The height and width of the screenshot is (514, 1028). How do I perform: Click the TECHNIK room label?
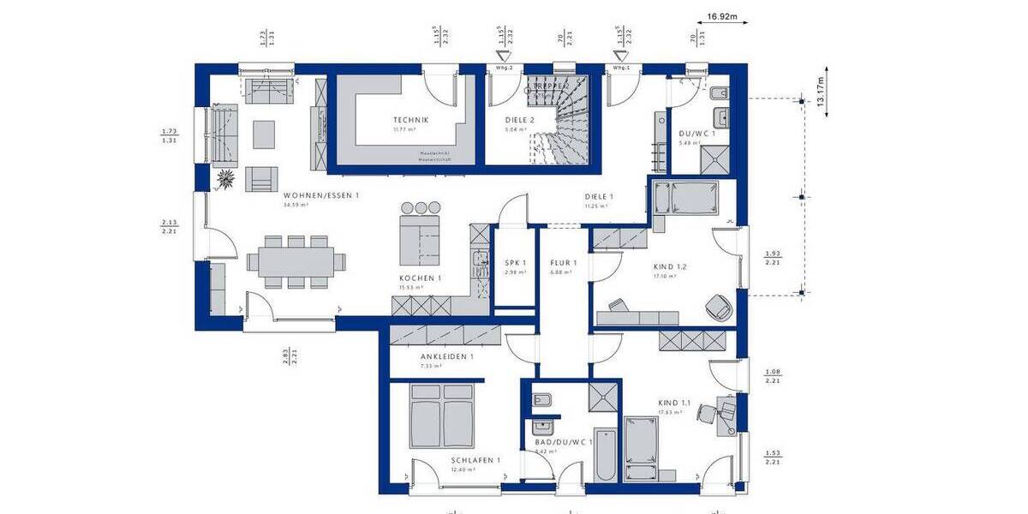(x=410, y=120)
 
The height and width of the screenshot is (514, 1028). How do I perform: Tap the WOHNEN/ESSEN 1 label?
(x=321, y=196)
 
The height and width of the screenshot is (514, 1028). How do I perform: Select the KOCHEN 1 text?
(x=420, y=279)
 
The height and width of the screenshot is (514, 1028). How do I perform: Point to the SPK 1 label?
(x=515, y=263)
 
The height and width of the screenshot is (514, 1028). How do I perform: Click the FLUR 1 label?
(x=563, y=263)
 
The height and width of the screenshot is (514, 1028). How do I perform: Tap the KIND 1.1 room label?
(x=674, y=403)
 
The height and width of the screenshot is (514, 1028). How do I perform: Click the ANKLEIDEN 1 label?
(x=446, y=357)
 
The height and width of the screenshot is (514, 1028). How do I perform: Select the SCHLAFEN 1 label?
(x=475, y=460)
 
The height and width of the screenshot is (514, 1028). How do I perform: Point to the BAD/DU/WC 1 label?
(x=564, y=441)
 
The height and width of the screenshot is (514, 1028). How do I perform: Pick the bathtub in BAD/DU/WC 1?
(x=604, y=454)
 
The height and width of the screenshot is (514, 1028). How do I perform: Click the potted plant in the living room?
(x=227, y=179)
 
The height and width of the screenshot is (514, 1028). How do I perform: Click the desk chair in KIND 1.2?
(x=717, y=304)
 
